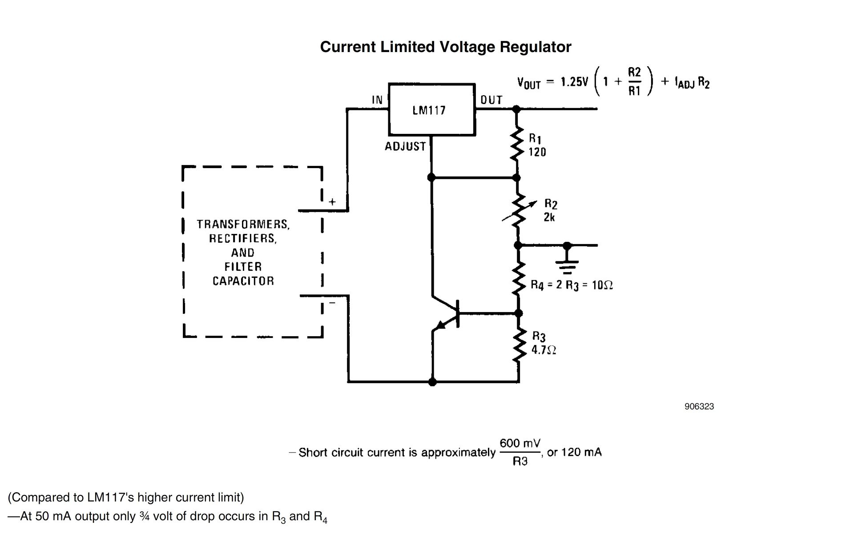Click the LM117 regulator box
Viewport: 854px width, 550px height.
point(431,109)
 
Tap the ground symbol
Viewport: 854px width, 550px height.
point(567,260)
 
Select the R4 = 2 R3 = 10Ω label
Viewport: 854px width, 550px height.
point(572,285)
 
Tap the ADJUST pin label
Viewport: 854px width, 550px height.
point(405,146)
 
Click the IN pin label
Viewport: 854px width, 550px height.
point(377,100)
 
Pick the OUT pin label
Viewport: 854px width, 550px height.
point(491,100)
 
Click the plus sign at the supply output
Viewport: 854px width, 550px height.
point(332,202)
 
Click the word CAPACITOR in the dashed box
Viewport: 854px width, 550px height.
point(243,281)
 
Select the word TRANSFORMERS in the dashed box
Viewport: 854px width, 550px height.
point(243,225)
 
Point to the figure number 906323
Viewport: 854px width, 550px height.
point(699,406)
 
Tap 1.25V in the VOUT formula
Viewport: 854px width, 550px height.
point(574,82)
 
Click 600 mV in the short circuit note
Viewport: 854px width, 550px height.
point(520,443)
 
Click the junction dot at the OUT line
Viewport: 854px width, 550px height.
point(516,108)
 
